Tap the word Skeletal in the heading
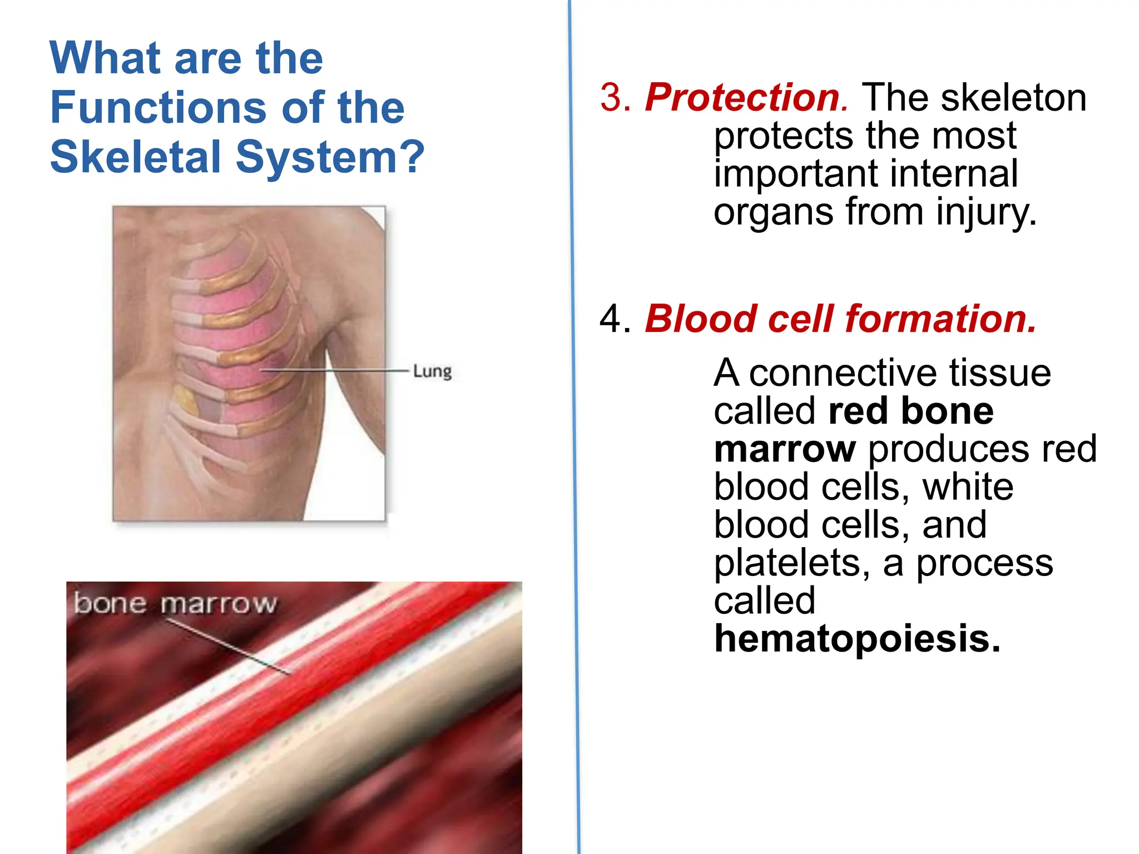pyautogui.click(x=136, y=157)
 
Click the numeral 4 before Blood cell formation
pyautogui.click(x=611, y=319)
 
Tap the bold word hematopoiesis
pyautogui.click(x=856, y=639)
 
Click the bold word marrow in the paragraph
pyautogui.click(x=785, y=449)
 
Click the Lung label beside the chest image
pyautogui.click(x=432, y=371)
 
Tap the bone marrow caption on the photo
pyautogui.click(x=175, y=604)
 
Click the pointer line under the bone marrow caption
pyautogui.click(x=228, y=646)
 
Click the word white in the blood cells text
pyautogui.click(x=968, y=488)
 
